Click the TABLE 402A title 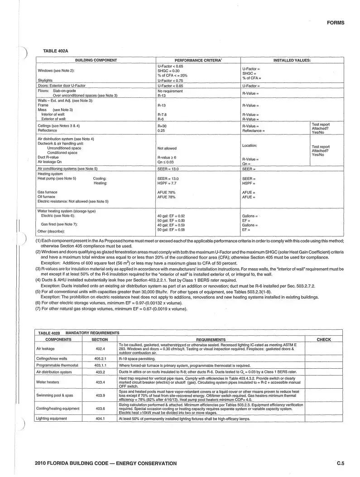[x=56, y=51]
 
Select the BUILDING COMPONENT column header [x=96, y=60]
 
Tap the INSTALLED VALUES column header [x=292, y=60]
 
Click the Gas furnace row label [x=47, y=193]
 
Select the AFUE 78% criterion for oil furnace [x=166, y=197]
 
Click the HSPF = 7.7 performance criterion [x=168, y=183]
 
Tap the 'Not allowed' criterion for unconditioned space [x=167, y=148]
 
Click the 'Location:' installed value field [x=250, y=145]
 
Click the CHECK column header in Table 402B [x=324, y=339]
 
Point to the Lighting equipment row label [x=51, y=419]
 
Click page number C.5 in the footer [x=341, y=463]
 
